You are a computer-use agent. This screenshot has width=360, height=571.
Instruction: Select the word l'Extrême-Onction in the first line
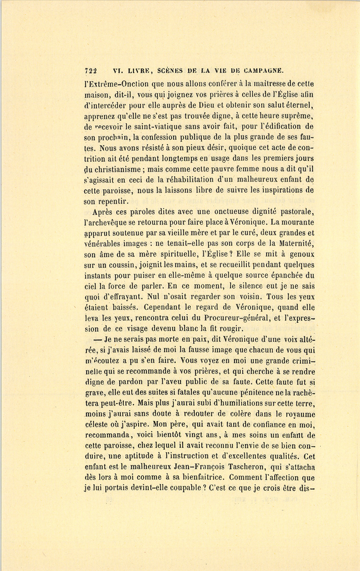(x=111, y=84)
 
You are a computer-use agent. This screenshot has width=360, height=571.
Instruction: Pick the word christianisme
(x=117, y=169)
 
